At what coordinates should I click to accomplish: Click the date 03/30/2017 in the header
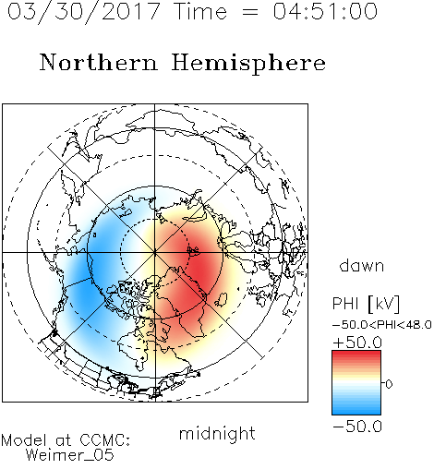pos(84,12)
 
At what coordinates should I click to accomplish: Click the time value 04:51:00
pos(325,11)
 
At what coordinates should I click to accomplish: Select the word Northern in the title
pos(99,62)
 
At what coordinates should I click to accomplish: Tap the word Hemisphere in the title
pos(248,63)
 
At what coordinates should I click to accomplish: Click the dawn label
pos(362,266)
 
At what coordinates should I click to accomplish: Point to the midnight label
pos(217,434)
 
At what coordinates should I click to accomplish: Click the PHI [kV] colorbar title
pos(367,304)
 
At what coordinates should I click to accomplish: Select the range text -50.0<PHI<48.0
pos(382,325)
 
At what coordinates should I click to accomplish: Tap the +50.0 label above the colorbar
pos(357,343)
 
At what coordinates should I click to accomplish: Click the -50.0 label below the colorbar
pos(357,427)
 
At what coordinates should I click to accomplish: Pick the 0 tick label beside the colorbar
pos(389,384)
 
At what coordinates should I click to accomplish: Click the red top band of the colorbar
pos(356,355)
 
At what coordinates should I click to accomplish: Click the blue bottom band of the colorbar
pos(356,410)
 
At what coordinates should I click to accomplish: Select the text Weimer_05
pos(70,455)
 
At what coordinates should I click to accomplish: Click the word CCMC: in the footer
pos(105,440)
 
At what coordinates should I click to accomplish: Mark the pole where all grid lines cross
pos(155,252)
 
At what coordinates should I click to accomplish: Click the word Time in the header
pos(200,11)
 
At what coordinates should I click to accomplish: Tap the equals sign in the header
pos(250,12)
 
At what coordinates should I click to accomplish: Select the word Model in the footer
pos(24,440)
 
